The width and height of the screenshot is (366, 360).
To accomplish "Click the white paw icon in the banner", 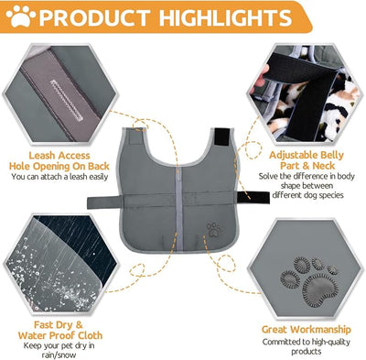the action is click(21, 16).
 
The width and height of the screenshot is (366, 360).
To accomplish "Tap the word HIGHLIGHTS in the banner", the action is click(225, 17).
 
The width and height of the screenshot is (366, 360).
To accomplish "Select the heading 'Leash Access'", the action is click(59, 156).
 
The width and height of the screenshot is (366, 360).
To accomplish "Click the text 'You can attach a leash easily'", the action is click(59, 177).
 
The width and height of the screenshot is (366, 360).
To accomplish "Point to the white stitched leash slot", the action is click(67, 101).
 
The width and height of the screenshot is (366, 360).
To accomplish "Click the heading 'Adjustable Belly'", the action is click(307, 156).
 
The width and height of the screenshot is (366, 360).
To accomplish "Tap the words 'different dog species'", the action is click(307, 195).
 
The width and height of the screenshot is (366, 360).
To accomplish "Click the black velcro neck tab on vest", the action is click(222, 136).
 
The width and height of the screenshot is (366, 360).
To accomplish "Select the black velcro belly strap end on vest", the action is click(253, 197).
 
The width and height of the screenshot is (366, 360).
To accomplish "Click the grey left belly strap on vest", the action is click(105, 202).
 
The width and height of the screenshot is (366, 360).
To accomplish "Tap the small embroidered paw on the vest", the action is click(213, 229).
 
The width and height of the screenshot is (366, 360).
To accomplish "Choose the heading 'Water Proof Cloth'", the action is click(60, 335).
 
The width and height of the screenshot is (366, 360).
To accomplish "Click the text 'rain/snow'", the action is click(59, 355).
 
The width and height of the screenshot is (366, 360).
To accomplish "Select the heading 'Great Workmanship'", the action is click(307, 330).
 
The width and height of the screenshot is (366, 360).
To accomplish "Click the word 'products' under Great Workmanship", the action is click(307, 352).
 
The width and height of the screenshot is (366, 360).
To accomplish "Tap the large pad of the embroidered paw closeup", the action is click(318, 289).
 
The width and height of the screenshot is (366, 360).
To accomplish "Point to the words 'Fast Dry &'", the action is click(59, 324).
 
